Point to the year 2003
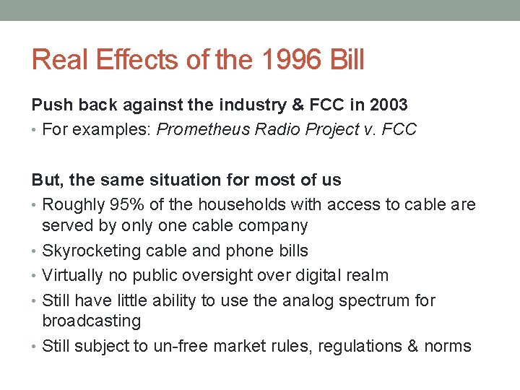click(x=388, y=105)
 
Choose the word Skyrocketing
click(x=90, y=251)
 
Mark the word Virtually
click(x=72, y=275)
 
